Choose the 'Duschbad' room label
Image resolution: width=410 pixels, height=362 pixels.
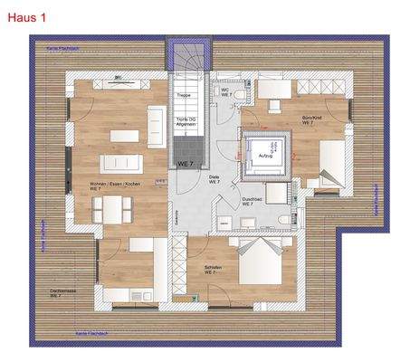click(x=252, y=201)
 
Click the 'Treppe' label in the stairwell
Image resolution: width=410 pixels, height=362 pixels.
click(x=183, y=94)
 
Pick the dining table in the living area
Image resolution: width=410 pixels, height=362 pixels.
click(x=110, y=211)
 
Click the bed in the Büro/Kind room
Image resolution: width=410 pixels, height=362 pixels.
click(x=326, y=163)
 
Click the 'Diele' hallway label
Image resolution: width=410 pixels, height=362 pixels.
click(x=215, y=179)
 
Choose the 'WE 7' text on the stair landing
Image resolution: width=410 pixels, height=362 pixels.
click(x=186, y=163)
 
